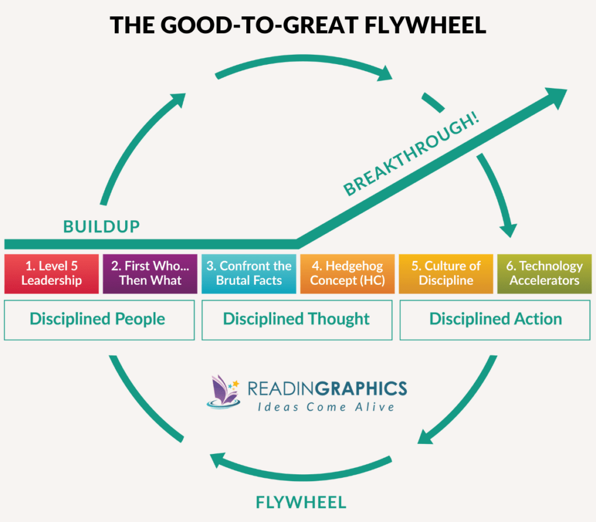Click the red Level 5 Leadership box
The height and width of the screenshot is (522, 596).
(51, 273)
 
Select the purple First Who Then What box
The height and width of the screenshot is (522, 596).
(150, 273)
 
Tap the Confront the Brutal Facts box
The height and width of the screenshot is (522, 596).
(249, 273)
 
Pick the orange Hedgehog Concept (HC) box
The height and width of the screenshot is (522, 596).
(347, 273)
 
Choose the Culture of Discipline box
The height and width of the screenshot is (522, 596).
(446, 273)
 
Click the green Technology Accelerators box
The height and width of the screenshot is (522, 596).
(544, 273)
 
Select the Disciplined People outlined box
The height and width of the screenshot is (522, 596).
(99, 319)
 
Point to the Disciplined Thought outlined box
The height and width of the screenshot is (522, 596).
(297, 319)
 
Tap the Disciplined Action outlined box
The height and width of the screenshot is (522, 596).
(495, 319)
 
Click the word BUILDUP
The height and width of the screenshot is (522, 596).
(101, 227)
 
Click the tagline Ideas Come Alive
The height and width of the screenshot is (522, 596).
(326, 407)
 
